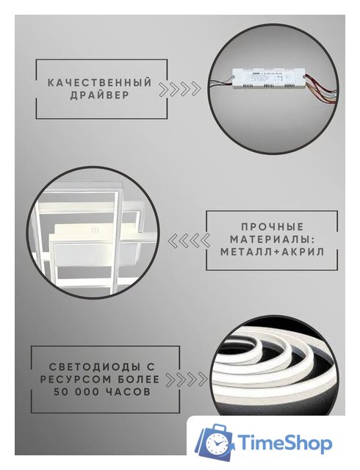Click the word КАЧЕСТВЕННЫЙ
tap(100, 83)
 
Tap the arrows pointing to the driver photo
tap(181, 90)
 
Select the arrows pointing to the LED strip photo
tap(185, 380)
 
